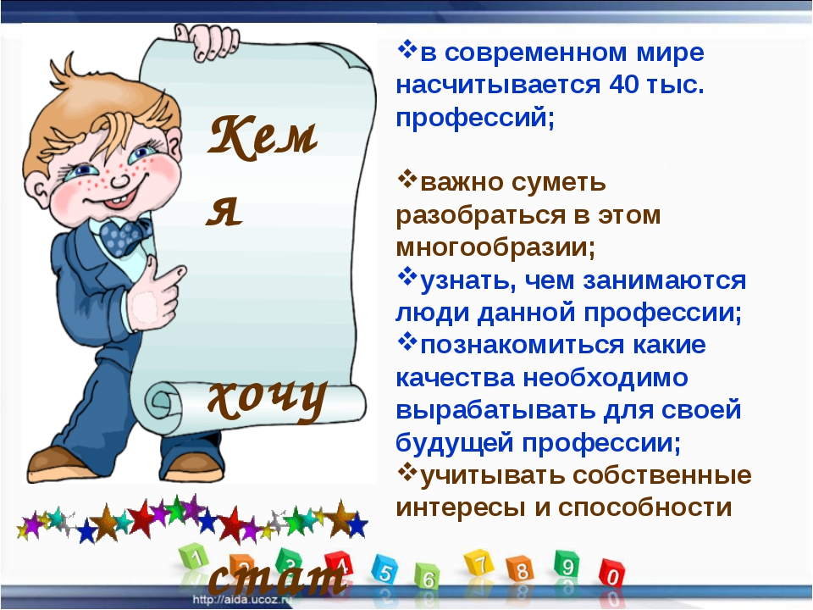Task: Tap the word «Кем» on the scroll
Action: [263, 136]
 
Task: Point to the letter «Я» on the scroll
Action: [224, 212]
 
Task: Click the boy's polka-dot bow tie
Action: [124, 236]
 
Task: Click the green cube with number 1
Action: [195, 558]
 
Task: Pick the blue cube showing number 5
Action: [384, 570]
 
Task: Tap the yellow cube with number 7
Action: [478, 563]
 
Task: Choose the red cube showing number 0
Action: [612, 574]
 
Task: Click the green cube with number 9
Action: [567, 564]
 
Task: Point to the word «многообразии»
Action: [495, 248]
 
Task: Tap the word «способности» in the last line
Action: [645, 507]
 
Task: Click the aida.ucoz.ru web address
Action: [242, 600]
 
